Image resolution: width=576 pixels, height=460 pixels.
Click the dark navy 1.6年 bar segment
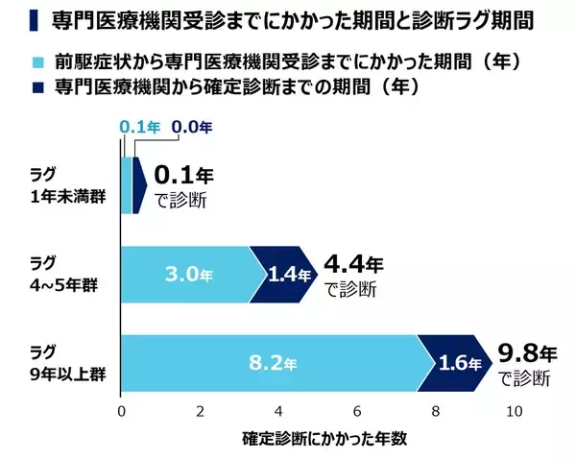tap(451, 365)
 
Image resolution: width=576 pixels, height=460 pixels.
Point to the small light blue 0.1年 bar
tap(126, 182)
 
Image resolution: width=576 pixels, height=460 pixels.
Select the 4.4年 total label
tap(355, 261)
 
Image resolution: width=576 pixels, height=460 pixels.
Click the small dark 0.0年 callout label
tap(192, 125)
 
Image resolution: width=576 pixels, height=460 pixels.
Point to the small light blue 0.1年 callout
tap(138, 125)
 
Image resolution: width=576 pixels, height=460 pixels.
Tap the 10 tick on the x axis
tap(516, 411)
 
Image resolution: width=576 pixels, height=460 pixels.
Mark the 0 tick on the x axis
tap(121, 411)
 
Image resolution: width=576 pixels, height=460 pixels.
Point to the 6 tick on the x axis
tap(357, 411)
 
